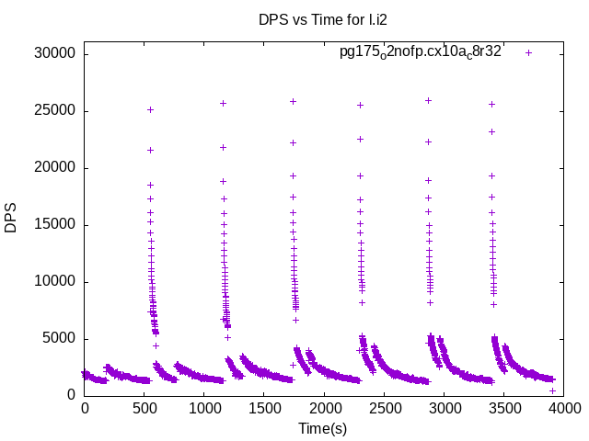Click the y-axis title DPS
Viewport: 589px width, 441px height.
coord(11,218)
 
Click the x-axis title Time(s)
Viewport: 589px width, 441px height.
coord(323,428)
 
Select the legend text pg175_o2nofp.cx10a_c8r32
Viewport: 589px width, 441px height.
coord(420,52)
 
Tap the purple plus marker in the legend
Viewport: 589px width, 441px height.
coord(528,52)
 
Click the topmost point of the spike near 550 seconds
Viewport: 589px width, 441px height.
coord(150,109)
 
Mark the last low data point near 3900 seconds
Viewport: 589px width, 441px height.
coord(552,390)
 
